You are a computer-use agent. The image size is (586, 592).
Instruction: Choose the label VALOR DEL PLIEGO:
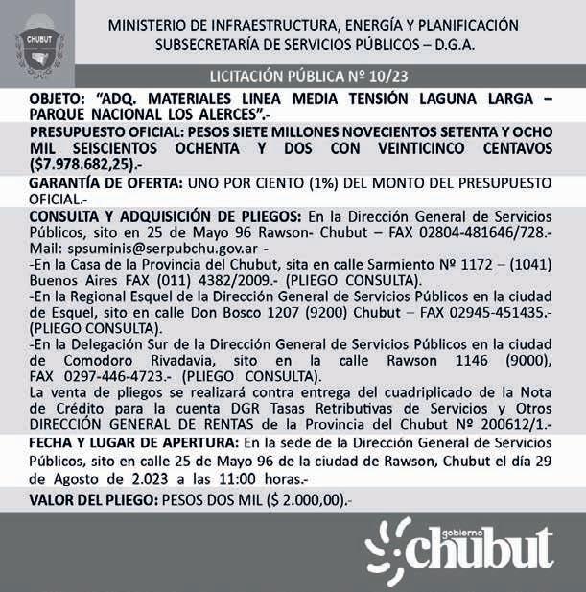click(94, 500)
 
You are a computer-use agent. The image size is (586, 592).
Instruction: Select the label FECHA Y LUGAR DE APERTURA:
click(133, 443)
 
